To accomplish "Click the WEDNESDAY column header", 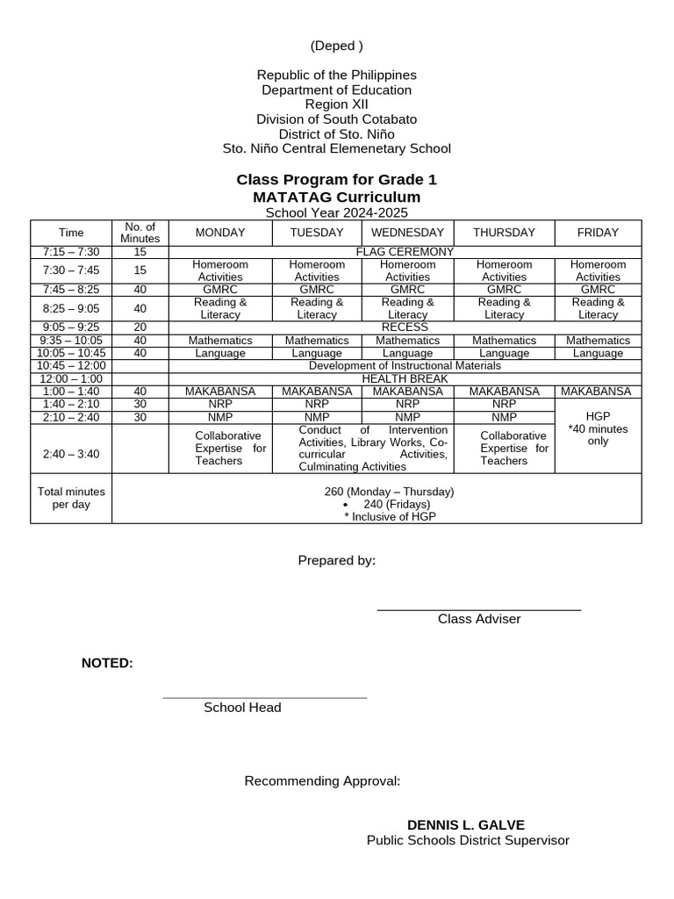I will [407, 233].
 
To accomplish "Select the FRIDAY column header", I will [598, 233].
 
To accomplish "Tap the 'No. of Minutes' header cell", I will [140, 233].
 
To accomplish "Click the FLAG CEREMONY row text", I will [405, 252].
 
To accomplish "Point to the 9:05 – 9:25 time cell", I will [71, 327].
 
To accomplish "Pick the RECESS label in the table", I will [405, 327].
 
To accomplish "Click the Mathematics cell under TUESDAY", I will [317, 341].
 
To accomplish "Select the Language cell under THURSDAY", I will [504, 354].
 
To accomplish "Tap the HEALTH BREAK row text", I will [405, 379].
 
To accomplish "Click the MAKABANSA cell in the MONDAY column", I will [220, 392].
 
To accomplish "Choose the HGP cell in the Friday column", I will [598, 416].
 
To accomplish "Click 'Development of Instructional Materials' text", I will [405, 366].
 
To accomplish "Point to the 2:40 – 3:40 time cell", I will [71, 454].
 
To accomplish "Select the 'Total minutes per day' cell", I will [71, 498].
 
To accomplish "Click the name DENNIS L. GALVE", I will [465, 825].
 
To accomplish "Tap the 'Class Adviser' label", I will [479, 619].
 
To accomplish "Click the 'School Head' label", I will [242, 708].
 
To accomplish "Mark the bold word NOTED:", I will [107, 663].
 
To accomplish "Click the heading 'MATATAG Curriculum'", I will [336, 198].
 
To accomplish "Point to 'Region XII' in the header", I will [336, 104].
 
